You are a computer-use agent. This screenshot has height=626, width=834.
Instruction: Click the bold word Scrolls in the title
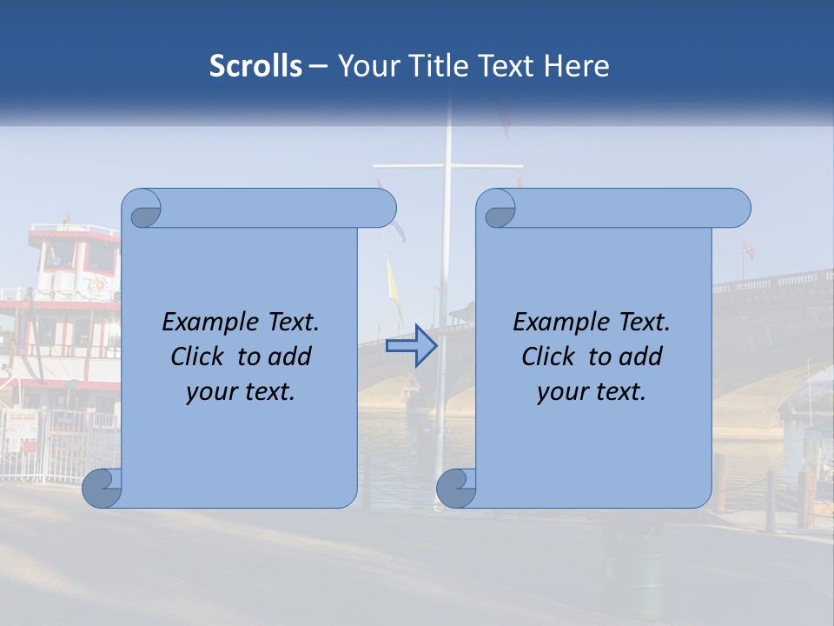click(255, 66)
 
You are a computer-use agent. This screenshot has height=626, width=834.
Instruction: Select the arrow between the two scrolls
click(411, 346)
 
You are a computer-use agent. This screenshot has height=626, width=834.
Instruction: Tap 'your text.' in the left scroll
click(241, 391)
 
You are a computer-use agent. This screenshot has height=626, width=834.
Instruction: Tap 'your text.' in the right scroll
click(592, 391)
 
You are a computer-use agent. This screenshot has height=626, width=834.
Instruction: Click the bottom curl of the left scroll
click(102, 487)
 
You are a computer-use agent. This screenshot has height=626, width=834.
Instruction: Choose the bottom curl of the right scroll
click(456, 487)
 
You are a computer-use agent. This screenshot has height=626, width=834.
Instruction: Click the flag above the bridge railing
click(748, 250)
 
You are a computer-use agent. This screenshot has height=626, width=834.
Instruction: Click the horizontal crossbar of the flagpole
click(447, 165)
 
